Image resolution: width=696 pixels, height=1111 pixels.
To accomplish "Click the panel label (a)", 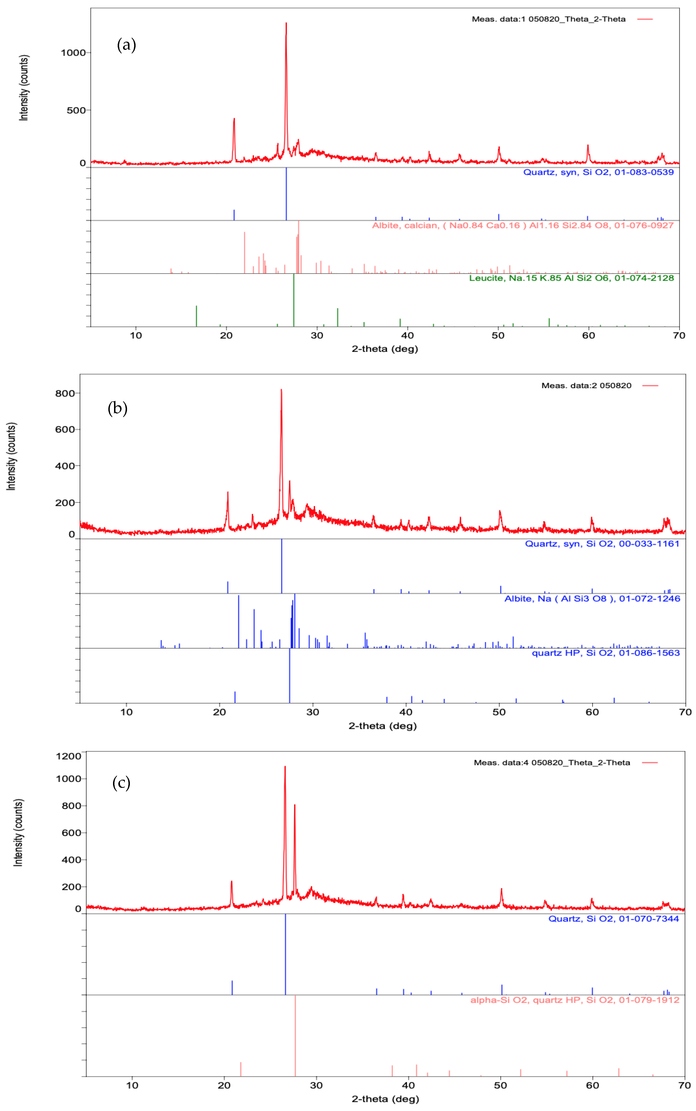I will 127,45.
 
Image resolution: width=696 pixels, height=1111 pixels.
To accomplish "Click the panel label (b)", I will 117,408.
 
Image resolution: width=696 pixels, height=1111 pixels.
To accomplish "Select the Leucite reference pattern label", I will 571,278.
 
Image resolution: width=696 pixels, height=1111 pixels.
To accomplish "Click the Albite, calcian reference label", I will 522,225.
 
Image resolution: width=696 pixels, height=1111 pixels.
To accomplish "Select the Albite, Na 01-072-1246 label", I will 592,598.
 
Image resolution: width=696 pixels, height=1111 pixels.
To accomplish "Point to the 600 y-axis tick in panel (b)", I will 65,429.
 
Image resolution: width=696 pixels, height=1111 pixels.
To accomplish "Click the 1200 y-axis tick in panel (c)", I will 68,756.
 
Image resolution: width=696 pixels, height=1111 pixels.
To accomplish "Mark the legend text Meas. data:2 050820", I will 586,386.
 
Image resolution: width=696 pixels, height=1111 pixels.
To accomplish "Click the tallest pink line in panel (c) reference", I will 295,1036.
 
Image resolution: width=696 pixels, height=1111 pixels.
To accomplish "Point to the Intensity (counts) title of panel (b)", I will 12,456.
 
